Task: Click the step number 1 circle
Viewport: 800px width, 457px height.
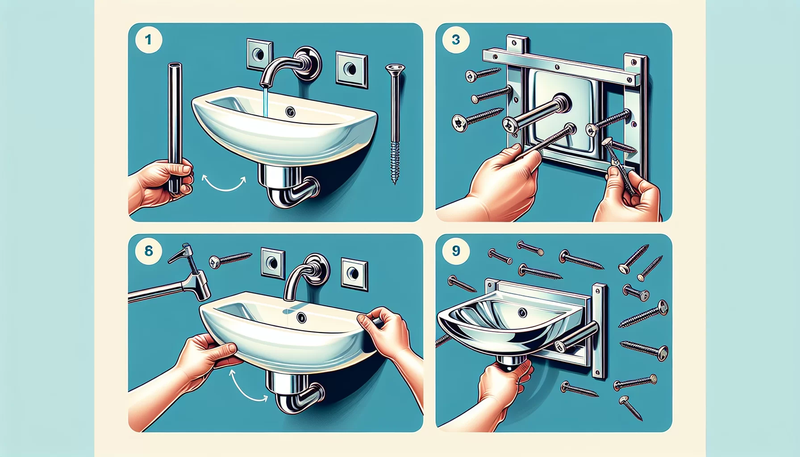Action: (148, 40)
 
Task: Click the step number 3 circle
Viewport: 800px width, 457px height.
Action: (455, 40)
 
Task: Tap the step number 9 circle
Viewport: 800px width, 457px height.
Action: (455, 251)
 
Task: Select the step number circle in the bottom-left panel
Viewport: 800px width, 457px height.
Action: (148, 251)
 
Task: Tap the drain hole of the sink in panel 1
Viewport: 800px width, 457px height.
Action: (291, 112)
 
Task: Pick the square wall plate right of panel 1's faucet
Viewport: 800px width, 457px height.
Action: (352, 69)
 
